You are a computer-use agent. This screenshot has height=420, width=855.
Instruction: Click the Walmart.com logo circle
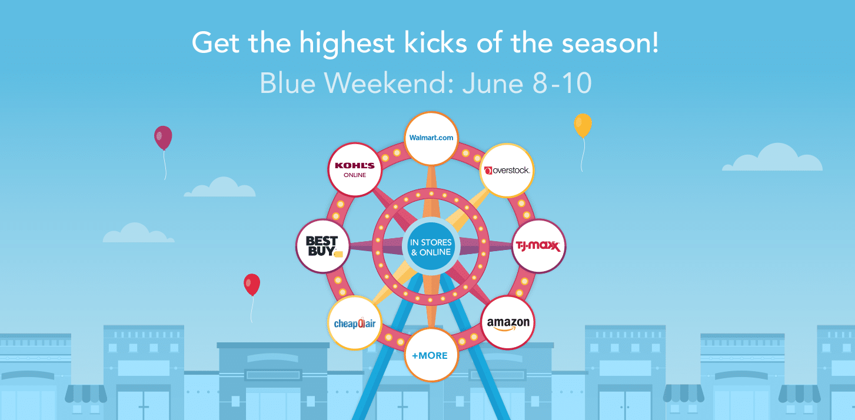431,138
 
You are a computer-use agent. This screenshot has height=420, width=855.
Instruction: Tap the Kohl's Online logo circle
355,169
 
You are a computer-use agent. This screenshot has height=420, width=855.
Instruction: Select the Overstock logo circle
507,170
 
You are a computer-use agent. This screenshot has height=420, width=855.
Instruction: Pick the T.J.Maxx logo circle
540,246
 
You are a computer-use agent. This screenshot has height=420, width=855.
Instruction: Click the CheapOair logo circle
354,322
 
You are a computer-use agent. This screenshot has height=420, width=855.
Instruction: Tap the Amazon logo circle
508,323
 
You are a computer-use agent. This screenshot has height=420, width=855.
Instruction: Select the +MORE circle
430,355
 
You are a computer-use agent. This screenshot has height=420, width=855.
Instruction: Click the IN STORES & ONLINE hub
431,248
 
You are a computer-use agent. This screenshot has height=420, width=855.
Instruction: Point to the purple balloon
163,137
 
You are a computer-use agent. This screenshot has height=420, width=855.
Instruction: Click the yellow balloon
582,125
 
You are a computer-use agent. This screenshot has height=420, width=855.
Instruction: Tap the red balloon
252,285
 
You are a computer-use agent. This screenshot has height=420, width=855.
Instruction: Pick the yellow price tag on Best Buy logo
338,254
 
